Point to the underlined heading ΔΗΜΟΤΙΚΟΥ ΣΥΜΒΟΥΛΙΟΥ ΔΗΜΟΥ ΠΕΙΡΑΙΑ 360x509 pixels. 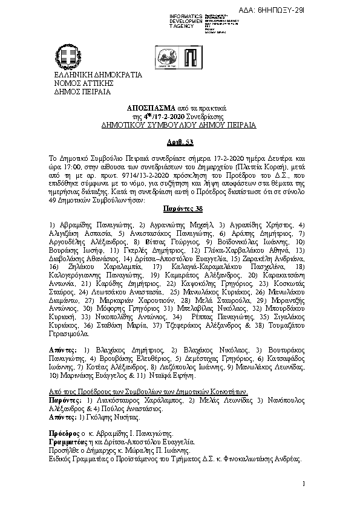[179, 125]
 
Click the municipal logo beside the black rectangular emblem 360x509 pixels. [168, 59]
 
